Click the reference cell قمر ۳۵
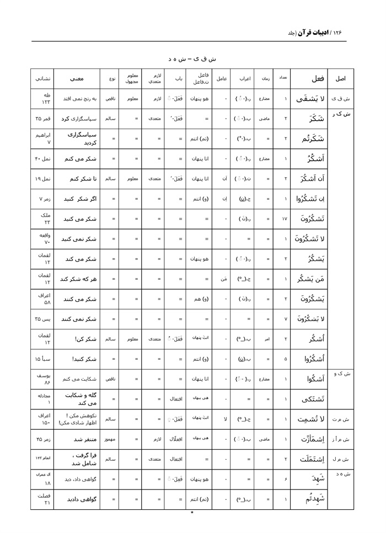pos(43,118)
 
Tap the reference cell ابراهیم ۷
pos(43,138)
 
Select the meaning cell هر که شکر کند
pos(77,279)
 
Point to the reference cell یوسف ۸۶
pos(43,379)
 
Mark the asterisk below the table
pos(192,513)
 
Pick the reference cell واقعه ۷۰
pos(43,239)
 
